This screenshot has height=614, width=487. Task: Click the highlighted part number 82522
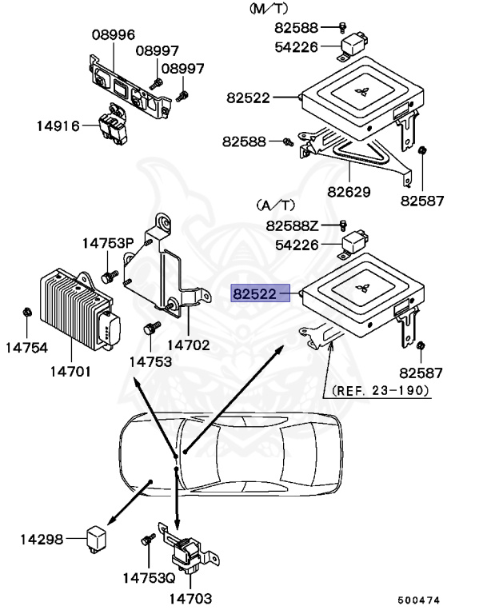254,294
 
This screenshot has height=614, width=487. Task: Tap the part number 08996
113,35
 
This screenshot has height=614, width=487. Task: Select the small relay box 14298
98,537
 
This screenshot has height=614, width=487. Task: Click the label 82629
349,192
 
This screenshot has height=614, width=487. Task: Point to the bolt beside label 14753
149,329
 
